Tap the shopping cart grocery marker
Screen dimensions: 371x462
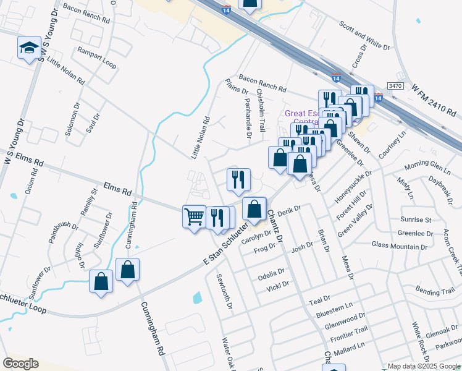[194, 217]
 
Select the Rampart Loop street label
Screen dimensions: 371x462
[96, 56]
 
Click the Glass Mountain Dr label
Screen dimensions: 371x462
[398, 245]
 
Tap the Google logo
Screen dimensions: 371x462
[21, 364]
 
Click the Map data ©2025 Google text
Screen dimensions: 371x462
[423, 367]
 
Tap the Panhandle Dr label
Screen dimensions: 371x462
[248, 117]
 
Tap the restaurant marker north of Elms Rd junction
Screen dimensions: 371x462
[238, 179]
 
